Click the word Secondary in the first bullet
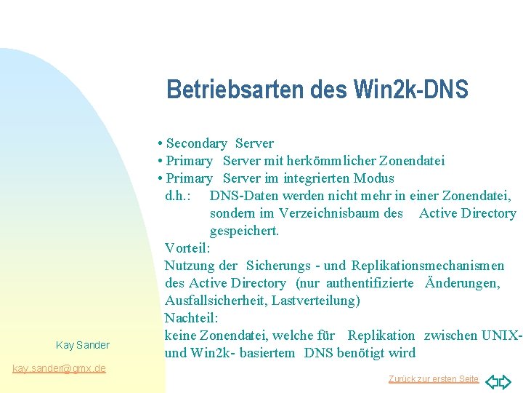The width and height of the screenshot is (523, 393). click(197, 143)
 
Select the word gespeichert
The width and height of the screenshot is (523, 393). click(244, 231)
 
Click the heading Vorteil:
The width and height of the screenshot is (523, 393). click(187, 248)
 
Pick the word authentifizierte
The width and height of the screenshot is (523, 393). click(370, 283)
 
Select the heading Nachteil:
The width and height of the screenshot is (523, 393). click(191, 318)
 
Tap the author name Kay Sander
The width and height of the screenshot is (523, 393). click(82, 345)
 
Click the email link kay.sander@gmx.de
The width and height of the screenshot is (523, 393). click(60, 368)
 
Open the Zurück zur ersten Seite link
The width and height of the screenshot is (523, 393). click(433, 379)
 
